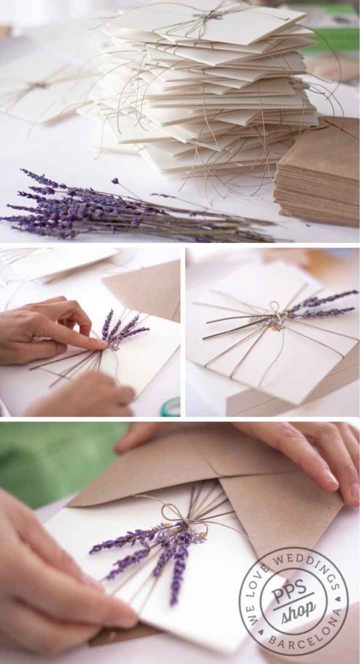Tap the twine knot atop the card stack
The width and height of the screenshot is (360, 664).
pos(204,16)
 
